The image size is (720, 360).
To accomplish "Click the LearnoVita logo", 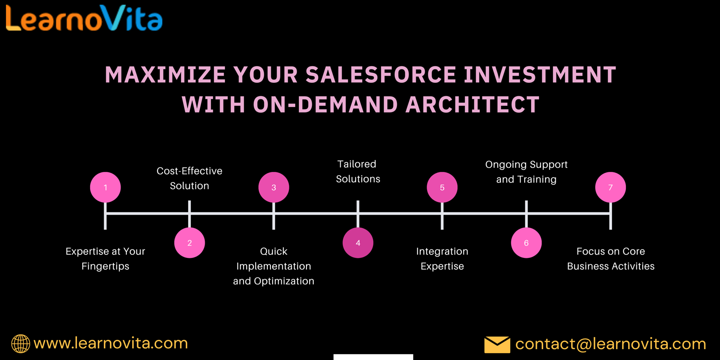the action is coord(84,18).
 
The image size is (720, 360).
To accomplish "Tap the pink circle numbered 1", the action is coord(105,187).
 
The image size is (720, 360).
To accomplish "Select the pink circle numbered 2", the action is coord(189,243).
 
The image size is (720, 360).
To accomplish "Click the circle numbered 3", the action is coord(274,187).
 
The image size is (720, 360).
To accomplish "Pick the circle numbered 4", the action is coord(358,243).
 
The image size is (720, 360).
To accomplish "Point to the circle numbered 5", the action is coord(442,187).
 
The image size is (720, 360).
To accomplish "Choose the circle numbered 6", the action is coord(526,243).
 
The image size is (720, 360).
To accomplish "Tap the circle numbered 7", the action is coord(611,187).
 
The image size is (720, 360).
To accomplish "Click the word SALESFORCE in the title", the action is coord(381,75).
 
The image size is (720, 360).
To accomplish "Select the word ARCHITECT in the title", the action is coord(472,104).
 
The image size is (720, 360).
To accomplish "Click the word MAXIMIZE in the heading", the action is coord(166,75).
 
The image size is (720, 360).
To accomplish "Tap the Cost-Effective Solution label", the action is coord(189,178).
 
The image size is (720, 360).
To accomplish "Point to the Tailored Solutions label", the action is coord(358,171).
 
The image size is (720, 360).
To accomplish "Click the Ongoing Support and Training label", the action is coord(526,172).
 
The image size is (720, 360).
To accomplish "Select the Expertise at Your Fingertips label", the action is coord(105,259).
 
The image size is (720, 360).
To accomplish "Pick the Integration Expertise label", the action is coord(442,259).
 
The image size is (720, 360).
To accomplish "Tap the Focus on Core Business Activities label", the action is coord(611,259).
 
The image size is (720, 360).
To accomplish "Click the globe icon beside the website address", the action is coord(21,344).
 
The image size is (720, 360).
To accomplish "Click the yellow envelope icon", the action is coord(497,345).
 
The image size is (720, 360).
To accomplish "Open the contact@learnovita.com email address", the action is coord(611,344).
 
